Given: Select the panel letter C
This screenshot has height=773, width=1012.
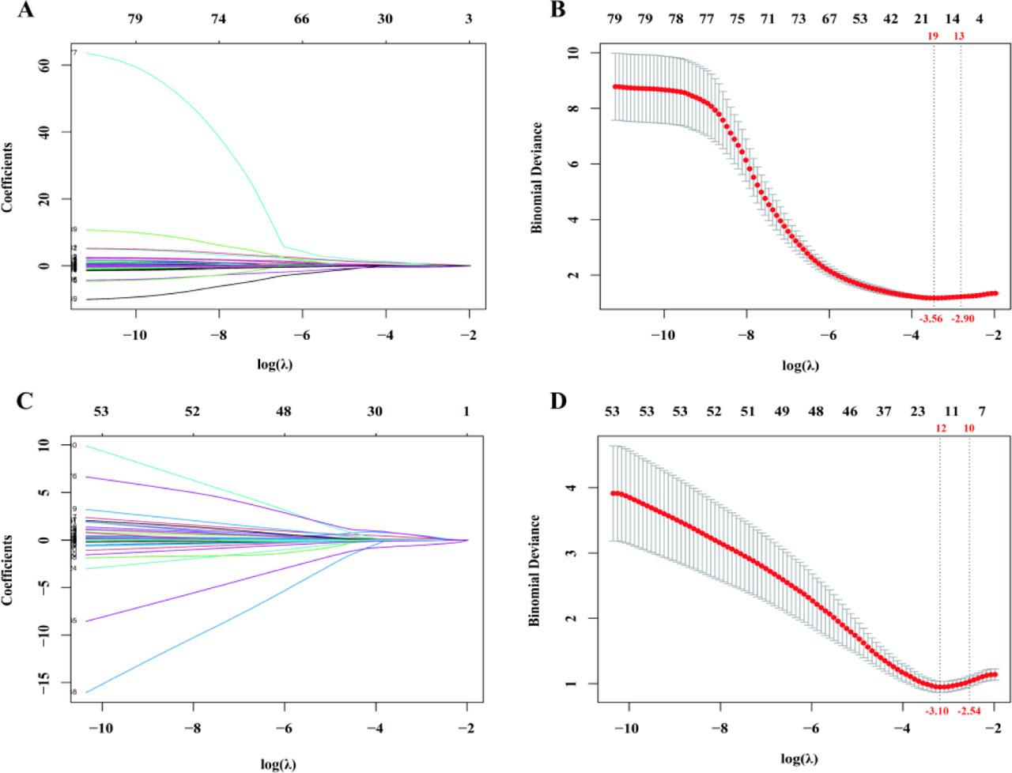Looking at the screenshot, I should pos(25,400).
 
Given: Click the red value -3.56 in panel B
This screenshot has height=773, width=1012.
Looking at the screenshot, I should pos(930,319).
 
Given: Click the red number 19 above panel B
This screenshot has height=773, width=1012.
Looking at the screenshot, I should pos(933,36).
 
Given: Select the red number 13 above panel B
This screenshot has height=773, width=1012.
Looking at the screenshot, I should pos(959,36).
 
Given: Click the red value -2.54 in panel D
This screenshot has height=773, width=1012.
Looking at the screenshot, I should pos(969,711).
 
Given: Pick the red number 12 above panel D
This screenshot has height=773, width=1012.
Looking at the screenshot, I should pos(940,428).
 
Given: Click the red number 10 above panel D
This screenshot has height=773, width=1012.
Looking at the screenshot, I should pos(969,428).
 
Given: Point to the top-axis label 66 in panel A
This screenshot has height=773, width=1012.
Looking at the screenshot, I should pos(301,18).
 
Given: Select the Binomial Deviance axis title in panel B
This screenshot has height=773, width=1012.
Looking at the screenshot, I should pos(537,177).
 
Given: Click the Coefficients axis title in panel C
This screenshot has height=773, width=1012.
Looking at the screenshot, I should pos(8,569).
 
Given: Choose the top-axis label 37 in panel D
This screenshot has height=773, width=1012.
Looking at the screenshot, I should pos(884,411).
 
